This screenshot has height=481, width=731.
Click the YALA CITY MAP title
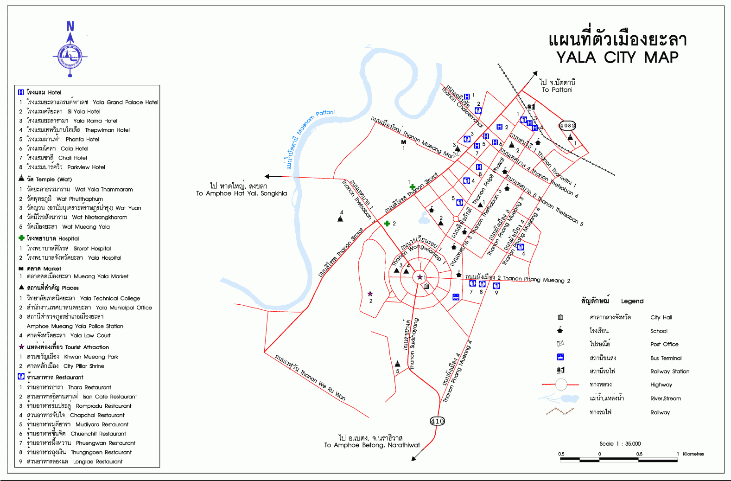coord(617,57)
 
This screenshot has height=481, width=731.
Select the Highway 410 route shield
coord(437,421)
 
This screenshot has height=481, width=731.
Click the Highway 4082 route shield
coord(567,125)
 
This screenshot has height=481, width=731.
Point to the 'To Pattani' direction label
coord(557,90)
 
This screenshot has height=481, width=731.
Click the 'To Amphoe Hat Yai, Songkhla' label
coord(242,193)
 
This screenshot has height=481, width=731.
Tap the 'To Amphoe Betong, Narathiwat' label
coord(372,445)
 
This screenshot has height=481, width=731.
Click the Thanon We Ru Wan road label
coord(323,385)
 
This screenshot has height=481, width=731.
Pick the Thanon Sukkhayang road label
coord(413,343)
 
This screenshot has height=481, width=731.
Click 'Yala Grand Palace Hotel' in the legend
coord(125,102)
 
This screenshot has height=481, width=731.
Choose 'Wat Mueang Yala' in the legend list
coord(86,227)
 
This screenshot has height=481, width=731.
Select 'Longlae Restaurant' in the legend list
coord(98,462)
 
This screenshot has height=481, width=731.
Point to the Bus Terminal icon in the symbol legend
coord(560,357)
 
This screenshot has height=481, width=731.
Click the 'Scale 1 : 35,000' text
coord(620,444)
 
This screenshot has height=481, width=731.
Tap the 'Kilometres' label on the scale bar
coord(693,454)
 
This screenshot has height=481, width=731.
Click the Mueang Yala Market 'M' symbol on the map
coord(403,142)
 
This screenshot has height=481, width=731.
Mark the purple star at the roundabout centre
coord(420,277)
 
